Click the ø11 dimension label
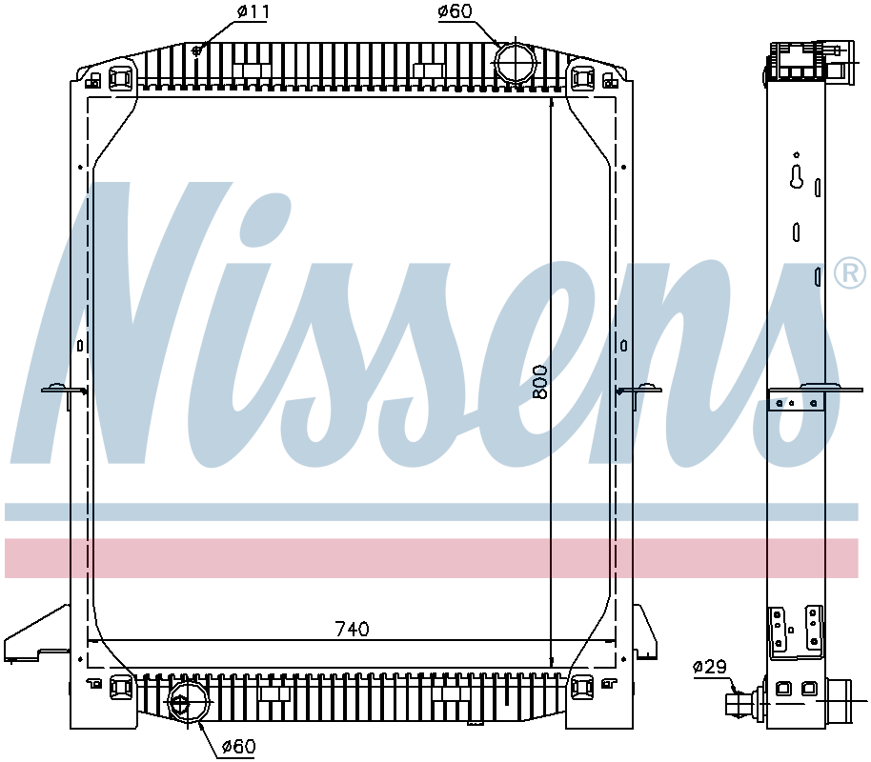pos(253,13)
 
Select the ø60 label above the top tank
pos(455,12)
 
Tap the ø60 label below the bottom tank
pos(238,747)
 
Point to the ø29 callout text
pos(711,667)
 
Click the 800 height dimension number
pos(541,381)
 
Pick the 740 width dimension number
pos(352,629)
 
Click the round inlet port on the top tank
pos(516,61)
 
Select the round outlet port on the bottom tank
pos(183,704)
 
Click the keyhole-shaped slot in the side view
pos(797,177)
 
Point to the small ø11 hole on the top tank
pos(196,50)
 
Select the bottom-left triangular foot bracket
pos(36,636)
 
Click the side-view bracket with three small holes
pos(799,401)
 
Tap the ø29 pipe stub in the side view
pos(739,705)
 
